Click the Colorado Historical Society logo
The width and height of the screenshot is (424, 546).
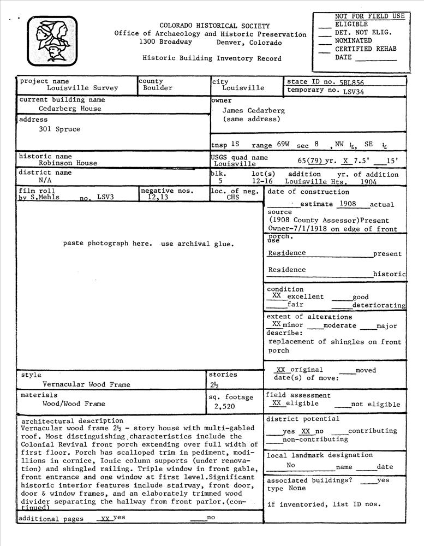[x=52, y=41]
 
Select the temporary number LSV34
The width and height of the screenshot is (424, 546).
[x=354, y=91]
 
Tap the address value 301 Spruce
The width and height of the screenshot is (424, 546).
[x=59, y=129]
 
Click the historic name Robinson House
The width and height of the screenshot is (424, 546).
[x=68, y=163]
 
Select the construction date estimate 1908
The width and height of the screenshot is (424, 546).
[x=347, y=204]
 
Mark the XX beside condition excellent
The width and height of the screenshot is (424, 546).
[x=277, y=295]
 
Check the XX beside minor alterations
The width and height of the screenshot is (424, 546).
[x=277, y=324]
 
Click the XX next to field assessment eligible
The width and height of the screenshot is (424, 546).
[x=277, y=403]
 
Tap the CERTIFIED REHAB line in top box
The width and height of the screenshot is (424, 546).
[x=365, y=49]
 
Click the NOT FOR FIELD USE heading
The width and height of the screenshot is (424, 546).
[x=369, y=16]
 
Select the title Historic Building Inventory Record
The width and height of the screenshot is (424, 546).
[x=212, y=58]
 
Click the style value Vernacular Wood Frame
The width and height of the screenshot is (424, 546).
[x=86, y=384]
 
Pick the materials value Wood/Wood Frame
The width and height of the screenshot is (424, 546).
[x=74, y=404]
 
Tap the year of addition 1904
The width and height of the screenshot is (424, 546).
[x=368, y=182]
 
